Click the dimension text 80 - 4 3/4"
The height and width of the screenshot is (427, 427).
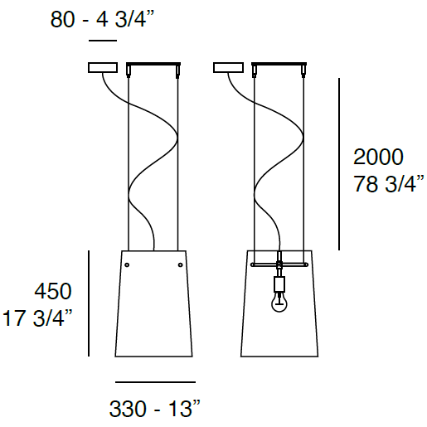click(101, 19)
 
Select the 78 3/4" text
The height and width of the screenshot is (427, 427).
click(388, 184)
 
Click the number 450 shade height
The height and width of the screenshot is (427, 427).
click(52, 291)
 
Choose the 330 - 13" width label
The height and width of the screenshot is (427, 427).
click(155, 409)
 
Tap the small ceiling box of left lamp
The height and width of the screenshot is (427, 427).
click(102, 67)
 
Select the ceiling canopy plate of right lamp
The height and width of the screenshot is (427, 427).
click(279, 66)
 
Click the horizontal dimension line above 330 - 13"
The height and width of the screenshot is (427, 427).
click(155, 382)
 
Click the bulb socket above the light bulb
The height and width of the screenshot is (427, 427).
click(280, 284)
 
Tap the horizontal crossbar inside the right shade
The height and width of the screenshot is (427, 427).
click(280, 265)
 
